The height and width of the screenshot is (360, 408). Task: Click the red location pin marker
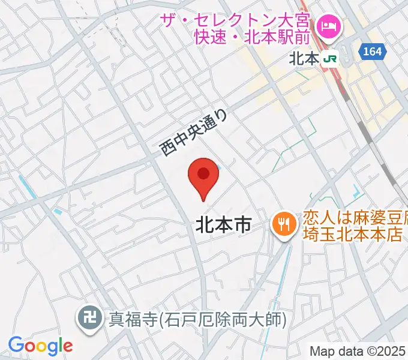point(203,178)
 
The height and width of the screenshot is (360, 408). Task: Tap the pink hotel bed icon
point(328,26)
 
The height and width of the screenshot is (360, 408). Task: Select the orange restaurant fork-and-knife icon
point(283,226)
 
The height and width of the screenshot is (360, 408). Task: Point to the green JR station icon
point(329,59)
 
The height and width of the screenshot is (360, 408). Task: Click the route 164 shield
point(372,52)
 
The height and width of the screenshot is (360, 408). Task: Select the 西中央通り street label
point(194,132)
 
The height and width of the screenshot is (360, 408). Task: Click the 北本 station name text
point(303,59)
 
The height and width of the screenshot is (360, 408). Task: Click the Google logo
point(40,346)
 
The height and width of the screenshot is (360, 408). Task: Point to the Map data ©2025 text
point(358,351)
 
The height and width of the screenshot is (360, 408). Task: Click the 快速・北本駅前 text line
point(252,38)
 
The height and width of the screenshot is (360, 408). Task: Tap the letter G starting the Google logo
point(16,345)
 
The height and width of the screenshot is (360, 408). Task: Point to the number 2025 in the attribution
point(393,351)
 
